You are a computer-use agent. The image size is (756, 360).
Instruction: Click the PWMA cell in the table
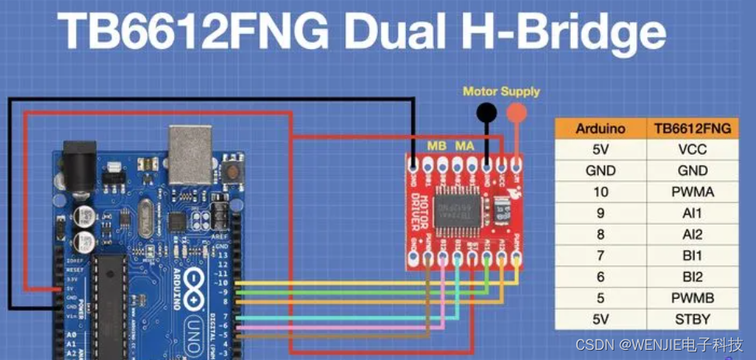tap(692, 191)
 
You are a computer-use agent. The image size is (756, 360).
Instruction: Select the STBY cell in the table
tap(692, 317)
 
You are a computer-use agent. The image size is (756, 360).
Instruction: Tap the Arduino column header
tap(600, 128)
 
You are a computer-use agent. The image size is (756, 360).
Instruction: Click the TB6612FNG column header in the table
tap(692, 128)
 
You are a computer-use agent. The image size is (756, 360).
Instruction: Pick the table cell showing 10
tap(600, 191)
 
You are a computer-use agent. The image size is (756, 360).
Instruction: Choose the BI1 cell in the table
tap(692, 254)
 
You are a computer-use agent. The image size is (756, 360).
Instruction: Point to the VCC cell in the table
tap(692, 149)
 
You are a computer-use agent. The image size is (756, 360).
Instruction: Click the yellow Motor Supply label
tap(501, 91)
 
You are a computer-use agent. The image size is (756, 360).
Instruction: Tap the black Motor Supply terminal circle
tap(487, 113)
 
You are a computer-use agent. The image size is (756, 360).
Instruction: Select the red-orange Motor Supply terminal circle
tap(516, 113)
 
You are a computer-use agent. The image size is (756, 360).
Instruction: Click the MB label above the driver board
tap(437, 145)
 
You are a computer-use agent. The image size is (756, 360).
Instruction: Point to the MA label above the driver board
tap(465, 145)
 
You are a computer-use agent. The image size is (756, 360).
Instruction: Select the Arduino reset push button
tap(229, 170)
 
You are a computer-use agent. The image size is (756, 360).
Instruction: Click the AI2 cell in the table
tap(692, 233)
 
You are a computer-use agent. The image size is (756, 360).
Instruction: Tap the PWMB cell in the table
tap(692, 296)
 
